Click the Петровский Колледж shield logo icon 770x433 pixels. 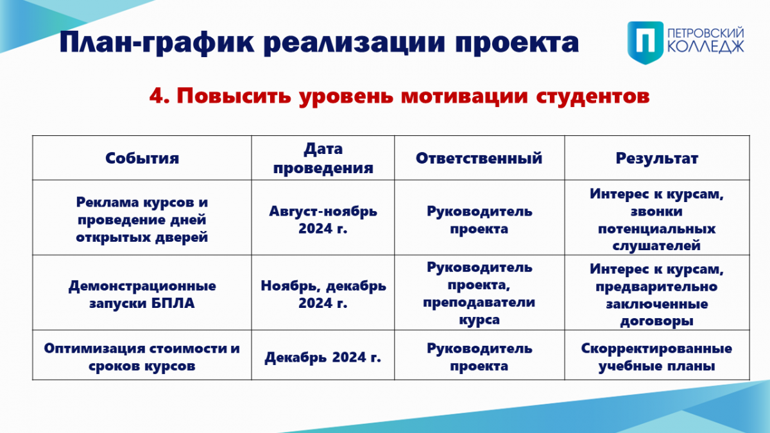[646, 42]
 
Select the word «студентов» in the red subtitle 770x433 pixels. [593, 96]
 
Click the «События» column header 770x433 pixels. [142, 158]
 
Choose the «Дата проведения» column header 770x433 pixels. [323, 158]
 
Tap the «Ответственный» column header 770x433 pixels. [479, 158]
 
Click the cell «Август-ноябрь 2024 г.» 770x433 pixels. [323, 219]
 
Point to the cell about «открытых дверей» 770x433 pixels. [142, 219]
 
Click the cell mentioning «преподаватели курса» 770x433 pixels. [479, 294]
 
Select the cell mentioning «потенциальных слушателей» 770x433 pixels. [657, 219]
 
